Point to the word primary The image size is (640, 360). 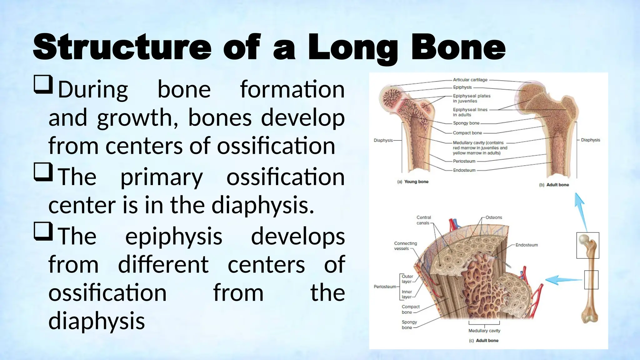point(162,177)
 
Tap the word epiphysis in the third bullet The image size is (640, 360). point(174,237)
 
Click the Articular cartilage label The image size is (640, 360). point(470,80)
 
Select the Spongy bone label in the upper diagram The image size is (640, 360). point(466,123)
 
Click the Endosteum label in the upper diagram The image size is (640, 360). point(464,170)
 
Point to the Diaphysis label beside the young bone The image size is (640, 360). point(383,140)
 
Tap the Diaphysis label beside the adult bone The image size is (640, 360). point(590,140)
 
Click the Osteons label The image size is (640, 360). point(494,217)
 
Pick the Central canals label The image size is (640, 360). point(423,220)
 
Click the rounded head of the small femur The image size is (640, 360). point(584,239)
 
